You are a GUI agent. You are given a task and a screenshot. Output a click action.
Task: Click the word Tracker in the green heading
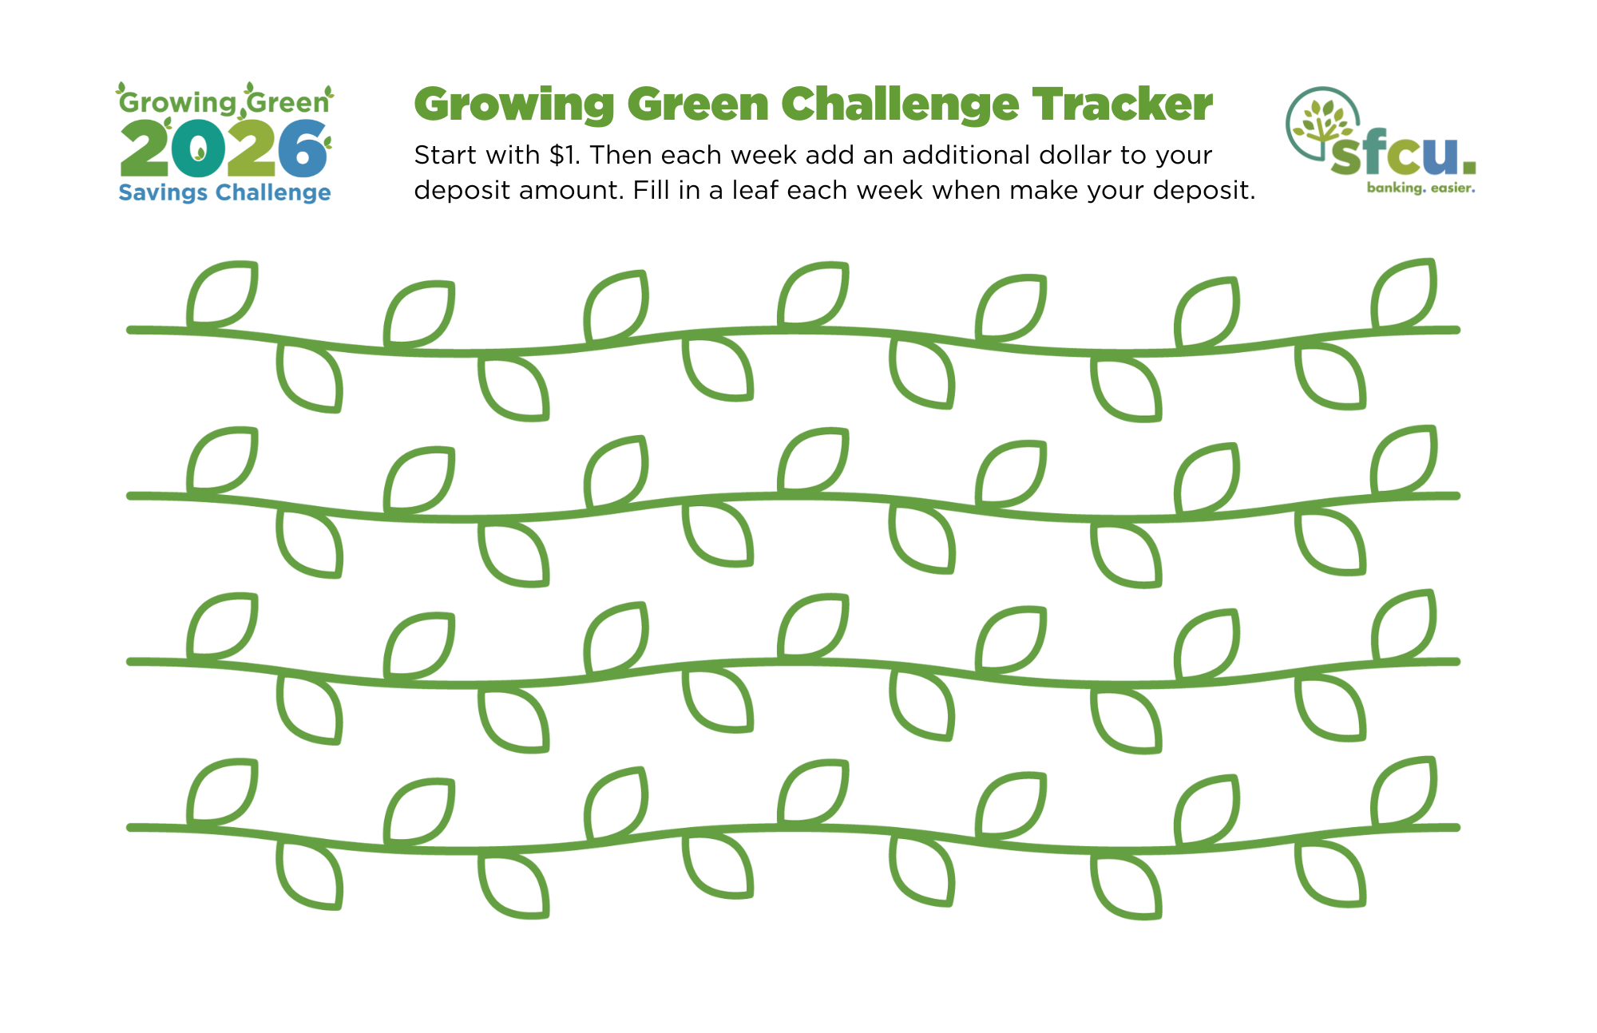pos(1123,105)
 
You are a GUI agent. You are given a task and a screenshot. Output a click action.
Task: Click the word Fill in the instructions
pos(652,190)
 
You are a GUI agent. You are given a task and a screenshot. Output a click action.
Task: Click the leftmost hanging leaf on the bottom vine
pos(310,875)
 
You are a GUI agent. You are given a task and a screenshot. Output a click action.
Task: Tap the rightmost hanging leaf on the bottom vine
pos(1330,873)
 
